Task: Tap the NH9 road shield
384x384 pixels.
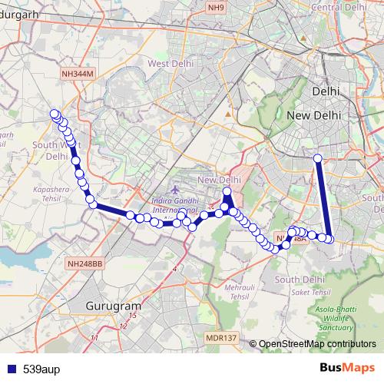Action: point(218,7)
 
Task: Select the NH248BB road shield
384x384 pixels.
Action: point(84,263)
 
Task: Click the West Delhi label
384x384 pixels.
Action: point(170,63)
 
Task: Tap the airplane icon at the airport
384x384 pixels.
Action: point(176,189)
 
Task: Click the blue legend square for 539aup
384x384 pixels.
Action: point(11,369)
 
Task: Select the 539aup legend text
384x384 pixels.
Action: point(41,369)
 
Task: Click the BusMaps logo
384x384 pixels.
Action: point(346,368)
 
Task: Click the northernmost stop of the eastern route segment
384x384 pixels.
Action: point(317,159)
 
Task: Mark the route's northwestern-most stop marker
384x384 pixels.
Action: point(55,114)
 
